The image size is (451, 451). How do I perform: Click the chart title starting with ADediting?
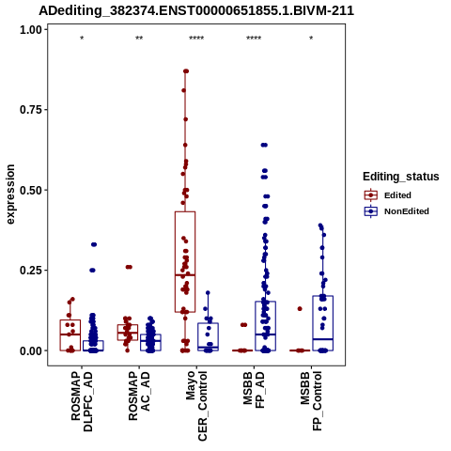pyautogui.click(x=196, y=11)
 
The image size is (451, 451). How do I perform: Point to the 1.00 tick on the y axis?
pyautogui.click(x=31, y=30)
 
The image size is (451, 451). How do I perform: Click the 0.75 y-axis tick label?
pyautogui.click(x=31, y=110)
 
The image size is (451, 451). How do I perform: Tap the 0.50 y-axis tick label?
pyautogui.click(x=31, y=191)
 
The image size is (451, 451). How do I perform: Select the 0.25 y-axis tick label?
pyautogui.click(x=31, y=271)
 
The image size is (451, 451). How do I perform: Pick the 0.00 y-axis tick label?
pyautogui.click(x=31, y=351)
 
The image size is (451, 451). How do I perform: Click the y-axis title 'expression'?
pyautogui.click(x=10, y=194)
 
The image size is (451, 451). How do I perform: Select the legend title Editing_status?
pyautogui.click(x=401, y=177)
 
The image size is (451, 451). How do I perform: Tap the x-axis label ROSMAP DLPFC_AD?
pyautogui.click(x=82, y=401)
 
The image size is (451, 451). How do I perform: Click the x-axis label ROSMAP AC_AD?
pyautogui.click(x=139, y=396)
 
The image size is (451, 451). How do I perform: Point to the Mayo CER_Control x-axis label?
pyautogui.click(x=196, y=406)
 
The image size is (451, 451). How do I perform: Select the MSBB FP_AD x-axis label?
pyautogui.click(x=254, y=389)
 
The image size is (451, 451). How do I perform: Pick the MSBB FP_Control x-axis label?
pyautogui.click(x=311, y=401)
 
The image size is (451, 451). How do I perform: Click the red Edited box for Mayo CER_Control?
pyautogui.click(x=185, y=262)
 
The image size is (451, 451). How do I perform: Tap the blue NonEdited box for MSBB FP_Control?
pyautogui.click(x=323, y=323)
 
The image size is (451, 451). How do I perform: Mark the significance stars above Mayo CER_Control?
pyautogui.click(x=196, y=39)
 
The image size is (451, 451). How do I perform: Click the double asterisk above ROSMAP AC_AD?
pyautogui.click(x=139, y=39)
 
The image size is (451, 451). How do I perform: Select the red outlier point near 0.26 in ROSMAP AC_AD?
pyautogui.click(x=129, y=267)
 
